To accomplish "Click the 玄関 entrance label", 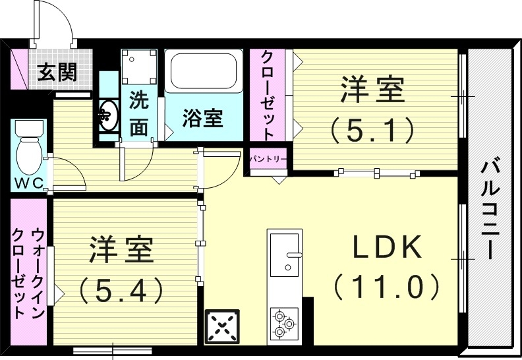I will point(56,70).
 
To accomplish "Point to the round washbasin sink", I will point(108,115).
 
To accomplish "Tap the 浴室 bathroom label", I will point(202,119).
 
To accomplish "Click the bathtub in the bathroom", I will point(202,73).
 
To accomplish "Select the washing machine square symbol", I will point(138,67).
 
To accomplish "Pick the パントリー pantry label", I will point(268,159).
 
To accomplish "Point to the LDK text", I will point(386,247).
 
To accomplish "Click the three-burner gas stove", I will point(284,324).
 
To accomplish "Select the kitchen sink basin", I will point(285,256).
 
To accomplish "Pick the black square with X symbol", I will point(222,326).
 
